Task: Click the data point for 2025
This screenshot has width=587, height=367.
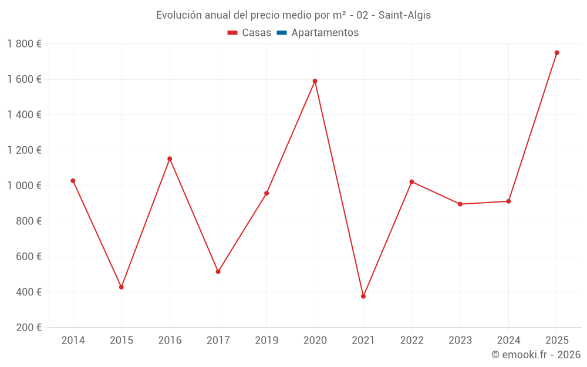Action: tap(557, 53)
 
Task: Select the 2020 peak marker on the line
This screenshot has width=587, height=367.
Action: tap(315, 81)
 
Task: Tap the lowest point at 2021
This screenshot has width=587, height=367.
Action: tap(363, 297)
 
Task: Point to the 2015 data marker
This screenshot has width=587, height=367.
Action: tap(122, 287)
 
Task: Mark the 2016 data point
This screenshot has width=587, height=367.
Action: tap(170, 159)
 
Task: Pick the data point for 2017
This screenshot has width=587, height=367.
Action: tap(218, 272)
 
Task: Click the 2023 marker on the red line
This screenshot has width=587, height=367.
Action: tap(460, 204)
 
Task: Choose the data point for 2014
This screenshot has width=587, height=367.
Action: tap(73, 181)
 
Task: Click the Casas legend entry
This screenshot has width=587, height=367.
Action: tap(249, 33)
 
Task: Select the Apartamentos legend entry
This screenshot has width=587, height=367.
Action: tap(318, 33)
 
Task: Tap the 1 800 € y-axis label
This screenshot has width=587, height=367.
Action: tap(24, 44)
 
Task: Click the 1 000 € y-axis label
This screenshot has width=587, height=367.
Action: tap(24, 186)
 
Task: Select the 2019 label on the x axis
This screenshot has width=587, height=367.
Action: tap(266, 341)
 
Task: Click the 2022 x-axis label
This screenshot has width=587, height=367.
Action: tap(411, 341)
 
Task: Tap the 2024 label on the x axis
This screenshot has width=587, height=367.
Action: tap(508, 341)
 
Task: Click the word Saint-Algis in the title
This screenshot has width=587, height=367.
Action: tap(404, 15)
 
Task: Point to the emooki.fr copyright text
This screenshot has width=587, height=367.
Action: tap(536, 355)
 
